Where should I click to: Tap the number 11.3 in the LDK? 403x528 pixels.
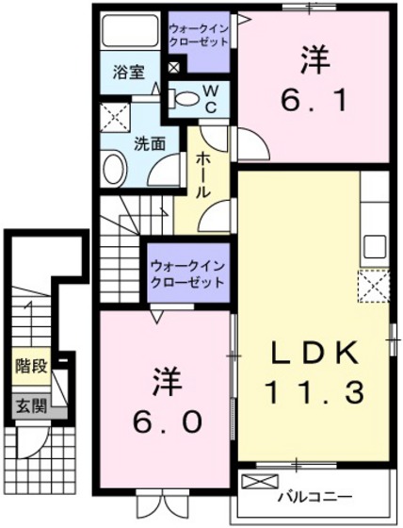click(313, 388)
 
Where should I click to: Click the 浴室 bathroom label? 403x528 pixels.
click(126, 72)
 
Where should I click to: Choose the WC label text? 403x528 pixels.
click(211, 94)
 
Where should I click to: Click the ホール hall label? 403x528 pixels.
click(202, 173)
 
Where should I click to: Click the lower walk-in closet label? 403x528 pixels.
click(187, 274)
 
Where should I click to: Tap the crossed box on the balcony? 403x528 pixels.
click(255, 482)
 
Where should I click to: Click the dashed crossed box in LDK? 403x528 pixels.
click(374, 284)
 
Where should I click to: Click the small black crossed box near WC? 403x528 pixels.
click(172, 68)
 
